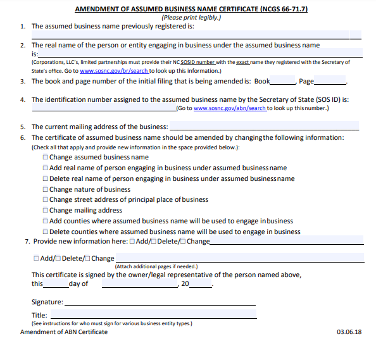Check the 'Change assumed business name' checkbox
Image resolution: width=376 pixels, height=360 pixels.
tap(46, 158)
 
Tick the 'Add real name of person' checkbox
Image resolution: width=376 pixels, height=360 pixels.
tap(46, 168)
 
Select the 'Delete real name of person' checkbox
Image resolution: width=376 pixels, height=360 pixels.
tap(46, 179)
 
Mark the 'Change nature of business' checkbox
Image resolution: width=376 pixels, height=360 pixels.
tap(46, 190)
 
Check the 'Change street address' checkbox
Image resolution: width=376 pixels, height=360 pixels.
tap(46, 200)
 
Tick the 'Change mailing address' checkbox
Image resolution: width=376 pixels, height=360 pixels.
tap(46, 211)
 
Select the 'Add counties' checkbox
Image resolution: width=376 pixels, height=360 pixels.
tap(46, 221)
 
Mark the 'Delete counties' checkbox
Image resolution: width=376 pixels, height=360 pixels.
tap(46, 232)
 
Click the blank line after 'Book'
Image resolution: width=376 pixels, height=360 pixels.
tap(283, 82)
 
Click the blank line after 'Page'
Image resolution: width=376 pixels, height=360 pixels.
tap(330, 82)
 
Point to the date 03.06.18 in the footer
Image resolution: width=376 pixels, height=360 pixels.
tap(349, 332)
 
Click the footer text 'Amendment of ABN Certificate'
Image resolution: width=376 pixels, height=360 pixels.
tap(64, 332)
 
